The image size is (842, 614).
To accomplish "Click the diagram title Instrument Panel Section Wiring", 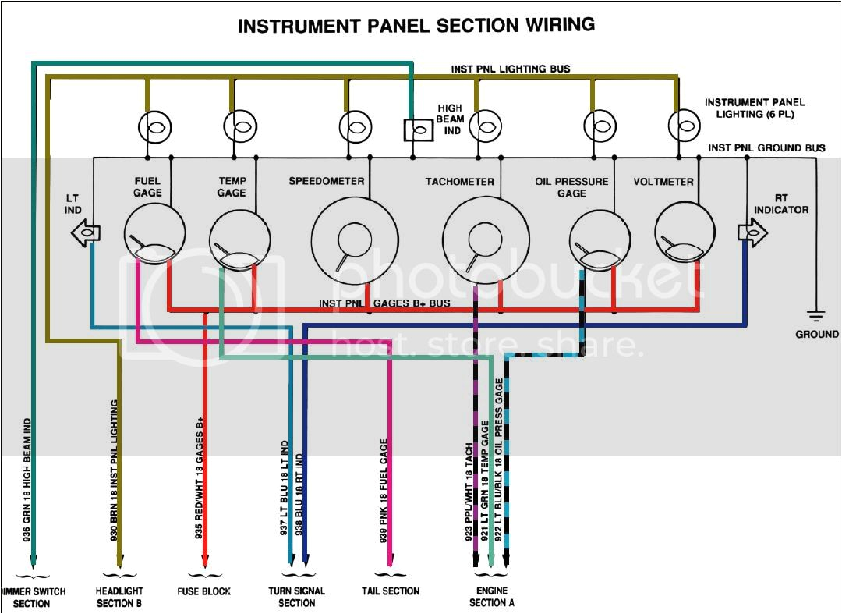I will tap(416, 26).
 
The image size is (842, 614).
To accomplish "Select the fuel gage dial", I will tap(154, 232).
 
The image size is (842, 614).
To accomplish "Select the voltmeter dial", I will tap(685, 232).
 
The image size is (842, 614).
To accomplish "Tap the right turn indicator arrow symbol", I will tap(752, 232).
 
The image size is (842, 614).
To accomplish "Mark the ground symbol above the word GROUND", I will tap(816, 317).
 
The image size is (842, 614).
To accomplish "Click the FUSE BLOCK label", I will tap(204, 591).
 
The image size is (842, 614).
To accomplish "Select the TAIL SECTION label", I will tap(391, 591).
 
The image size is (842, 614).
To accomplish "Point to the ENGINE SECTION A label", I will tap(491, 596).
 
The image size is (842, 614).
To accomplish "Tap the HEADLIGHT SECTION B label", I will tap(119, 597).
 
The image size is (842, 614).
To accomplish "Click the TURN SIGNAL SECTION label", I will tap(296, 597).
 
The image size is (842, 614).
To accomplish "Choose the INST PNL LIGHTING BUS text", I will tap(511, 69).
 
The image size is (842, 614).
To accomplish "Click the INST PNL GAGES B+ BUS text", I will tap(384, 303).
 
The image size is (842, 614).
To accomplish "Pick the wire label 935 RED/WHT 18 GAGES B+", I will tap(200, 483).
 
